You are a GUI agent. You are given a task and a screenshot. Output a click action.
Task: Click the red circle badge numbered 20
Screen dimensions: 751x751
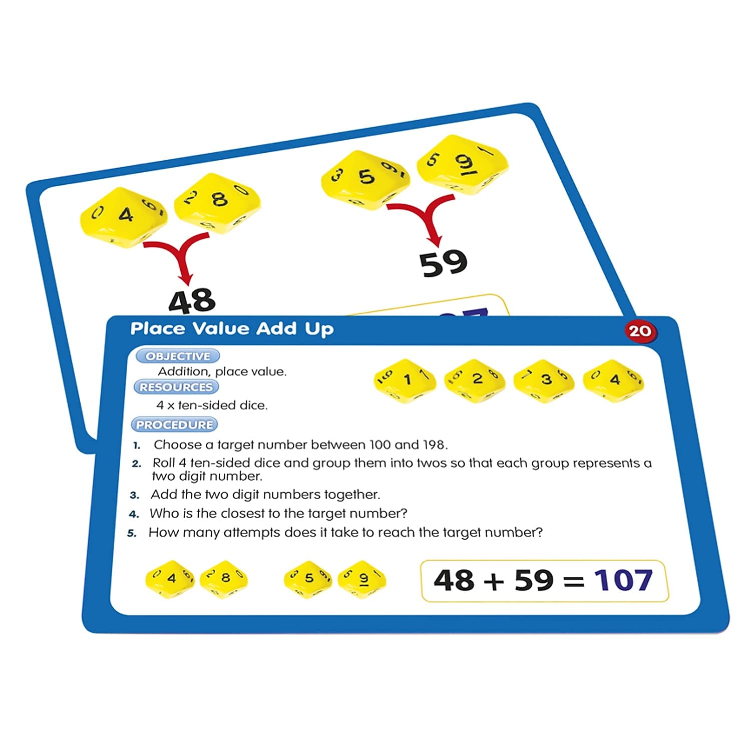tap(639, 331)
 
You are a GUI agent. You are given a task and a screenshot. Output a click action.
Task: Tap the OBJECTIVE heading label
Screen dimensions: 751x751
tap(178, 356)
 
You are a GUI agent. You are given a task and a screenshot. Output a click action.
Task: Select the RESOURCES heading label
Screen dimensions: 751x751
tap(176, 387)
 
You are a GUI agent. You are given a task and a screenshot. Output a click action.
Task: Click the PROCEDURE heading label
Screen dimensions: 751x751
tap(174, 425)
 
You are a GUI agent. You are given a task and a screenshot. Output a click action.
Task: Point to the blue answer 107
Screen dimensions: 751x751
tap(623, 581)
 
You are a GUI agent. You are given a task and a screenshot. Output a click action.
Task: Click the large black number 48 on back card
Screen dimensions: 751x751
tap(192, 300)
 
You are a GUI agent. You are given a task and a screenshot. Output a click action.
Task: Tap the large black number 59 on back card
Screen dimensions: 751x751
tap(444, 263)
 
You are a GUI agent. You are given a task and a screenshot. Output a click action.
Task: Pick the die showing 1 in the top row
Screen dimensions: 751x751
tap(405, 381)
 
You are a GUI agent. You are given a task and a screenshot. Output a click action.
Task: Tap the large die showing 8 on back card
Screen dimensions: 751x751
tap(218, 204)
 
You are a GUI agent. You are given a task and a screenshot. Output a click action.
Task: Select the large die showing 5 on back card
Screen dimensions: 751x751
tap(365, 179)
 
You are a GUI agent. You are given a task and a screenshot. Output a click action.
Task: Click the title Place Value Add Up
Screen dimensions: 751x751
tap(232, 329)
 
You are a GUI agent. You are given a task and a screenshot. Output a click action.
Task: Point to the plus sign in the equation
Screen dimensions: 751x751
tap(494, 582)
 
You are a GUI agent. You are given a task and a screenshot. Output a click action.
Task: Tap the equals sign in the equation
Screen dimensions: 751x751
tap(573, 582)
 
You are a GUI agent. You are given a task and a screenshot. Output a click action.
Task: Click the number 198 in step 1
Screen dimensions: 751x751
tap(434, 445)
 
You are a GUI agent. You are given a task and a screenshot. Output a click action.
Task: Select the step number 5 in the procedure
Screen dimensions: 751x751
tap(132, 533)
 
